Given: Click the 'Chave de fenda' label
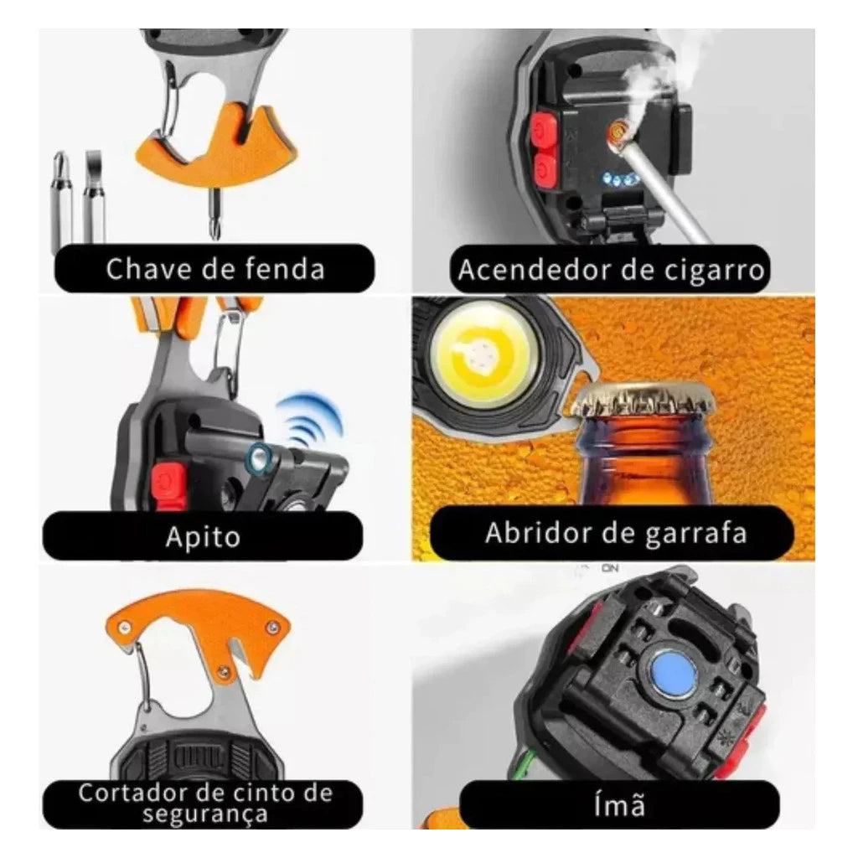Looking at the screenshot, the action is point(214,269).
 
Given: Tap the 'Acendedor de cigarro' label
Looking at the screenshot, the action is point(610,270).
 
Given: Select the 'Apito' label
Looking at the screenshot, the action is point(203,536).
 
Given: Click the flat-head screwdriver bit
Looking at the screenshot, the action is point(94,196).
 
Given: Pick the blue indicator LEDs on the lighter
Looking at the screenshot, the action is point(621,179).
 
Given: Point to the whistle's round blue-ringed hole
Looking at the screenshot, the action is point(258,458).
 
